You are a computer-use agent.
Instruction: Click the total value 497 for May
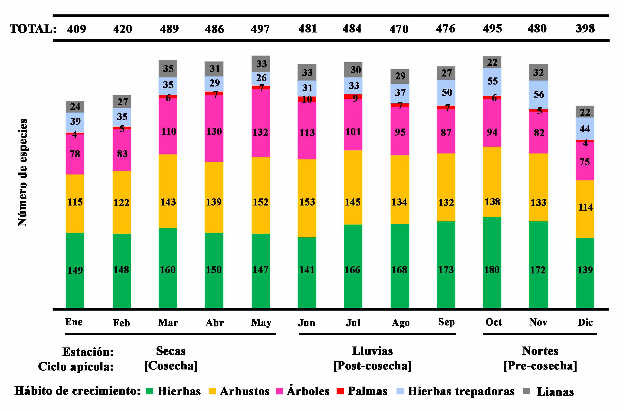pos(260,29)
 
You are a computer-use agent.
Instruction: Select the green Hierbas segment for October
pos(492,262)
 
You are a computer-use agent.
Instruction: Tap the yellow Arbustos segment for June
pos(307,198)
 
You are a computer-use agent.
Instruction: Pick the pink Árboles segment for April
pos(214,129)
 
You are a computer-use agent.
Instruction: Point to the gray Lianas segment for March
pos(168,69)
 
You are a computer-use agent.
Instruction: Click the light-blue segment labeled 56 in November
pos(538,95)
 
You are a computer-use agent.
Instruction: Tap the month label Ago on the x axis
pos(400,323)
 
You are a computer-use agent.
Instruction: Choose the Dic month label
pos(585,322)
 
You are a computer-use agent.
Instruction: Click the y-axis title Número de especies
pos(23,173)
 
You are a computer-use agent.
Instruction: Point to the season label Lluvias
pos(372,351)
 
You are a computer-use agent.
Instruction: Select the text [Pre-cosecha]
pos(540,366)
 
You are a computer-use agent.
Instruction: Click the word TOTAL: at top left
pos(33,29)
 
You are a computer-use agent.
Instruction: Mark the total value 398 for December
pos(585,29)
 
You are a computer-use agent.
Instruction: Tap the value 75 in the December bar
pos(585,162)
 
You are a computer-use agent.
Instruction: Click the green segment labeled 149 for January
pos(75,270)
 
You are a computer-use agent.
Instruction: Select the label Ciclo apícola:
pos(76,367)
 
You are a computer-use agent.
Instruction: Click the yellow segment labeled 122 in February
pos(122,202)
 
